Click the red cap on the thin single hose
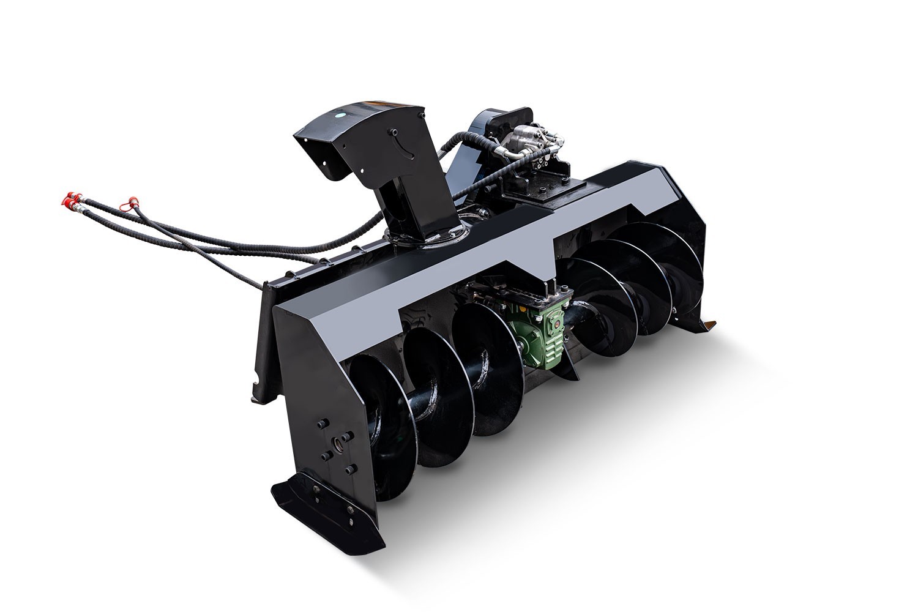pyautogui.click(x=129, y=200)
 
